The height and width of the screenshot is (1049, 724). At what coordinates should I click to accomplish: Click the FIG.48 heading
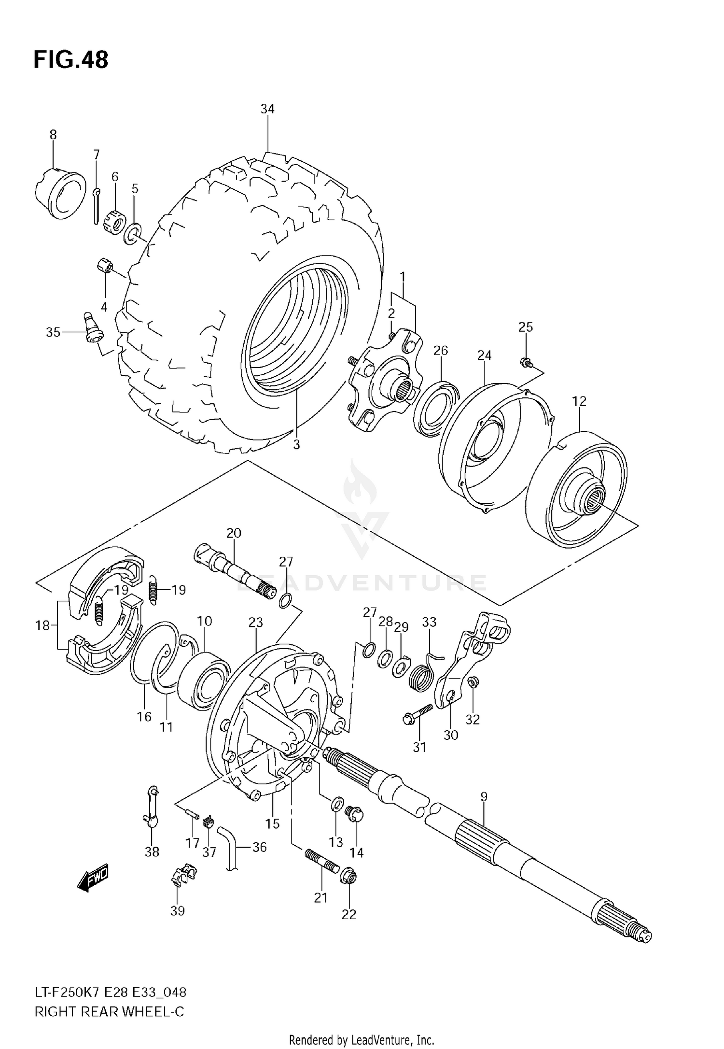point(71,60)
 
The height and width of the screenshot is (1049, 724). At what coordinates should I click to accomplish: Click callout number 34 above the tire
point(267,109)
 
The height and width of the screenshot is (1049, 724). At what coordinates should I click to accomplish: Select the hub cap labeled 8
point(60,193)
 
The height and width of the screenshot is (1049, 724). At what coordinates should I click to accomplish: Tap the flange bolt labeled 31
point(418,714)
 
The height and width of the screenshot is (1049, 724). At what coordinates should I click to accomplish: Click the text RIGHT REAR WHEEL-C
point(109,1012)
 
